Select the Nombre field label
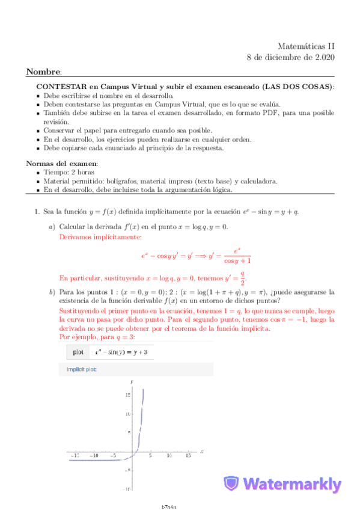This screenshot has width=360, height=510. (x=43, y=72)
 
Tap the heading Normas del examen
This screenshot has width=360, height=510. (x=62, y=164)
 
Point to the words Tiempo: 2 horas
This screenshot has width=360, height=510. (x=68, y=173)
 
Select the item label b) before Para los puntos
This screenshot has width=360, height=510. (x=52, y=292)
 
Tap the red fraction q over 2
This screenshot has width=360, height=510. (x=242, y=278)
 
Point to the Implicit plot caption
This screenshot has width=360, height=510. (x=78, y=369)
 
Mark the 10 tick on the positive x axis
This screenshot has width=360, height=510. (x=169, y=456)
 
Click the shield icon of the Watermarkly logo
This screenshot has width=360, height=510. (x=231, y=485)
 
